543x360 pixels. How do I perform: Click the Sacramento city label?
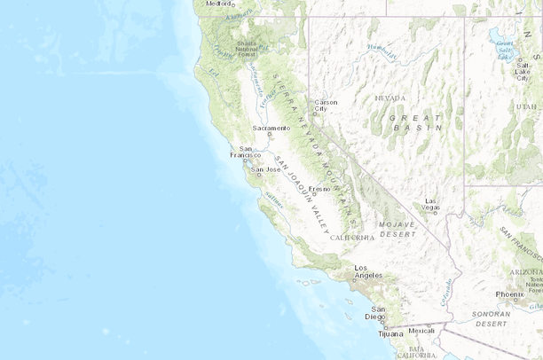(271, 128)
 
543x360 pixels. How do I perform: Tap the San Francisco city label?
(245, 152)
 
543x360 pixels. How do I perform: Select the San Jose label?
(267, 168)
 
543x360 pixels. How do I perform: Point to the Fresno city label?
(319, 189)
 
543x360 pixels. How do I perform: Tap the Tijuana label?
(389, 334)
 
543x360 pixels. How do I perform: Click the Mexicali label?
(422, 331)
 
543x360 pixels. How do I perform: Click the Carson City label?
(326, 106)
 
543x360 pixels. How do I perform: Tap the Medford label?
(218, 4)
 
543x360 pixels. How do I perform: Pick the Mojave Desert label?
(397, 229)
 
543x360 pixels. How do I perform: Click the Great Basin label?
(414, 121)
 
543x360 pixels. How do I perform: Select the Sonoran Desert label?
(504, 318)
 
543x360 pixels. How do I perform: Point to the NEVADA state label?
(390, 98)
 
